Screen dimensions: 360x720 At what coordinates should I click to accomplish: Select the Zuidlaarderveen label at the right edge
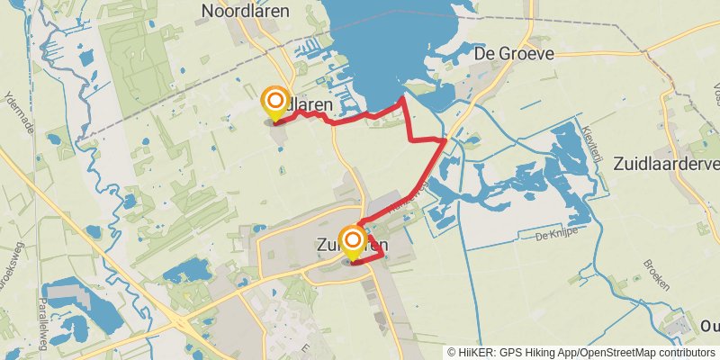tap(665, 164)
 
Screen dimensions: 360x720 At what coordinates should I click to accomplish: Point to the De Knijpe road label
tap(553, 237)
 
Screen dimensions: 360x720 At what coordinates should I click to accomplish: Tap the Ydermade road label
tap(14, 112)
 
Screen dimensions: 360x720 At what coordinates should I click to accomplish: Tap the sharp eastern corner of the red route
tap(445, 139)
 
